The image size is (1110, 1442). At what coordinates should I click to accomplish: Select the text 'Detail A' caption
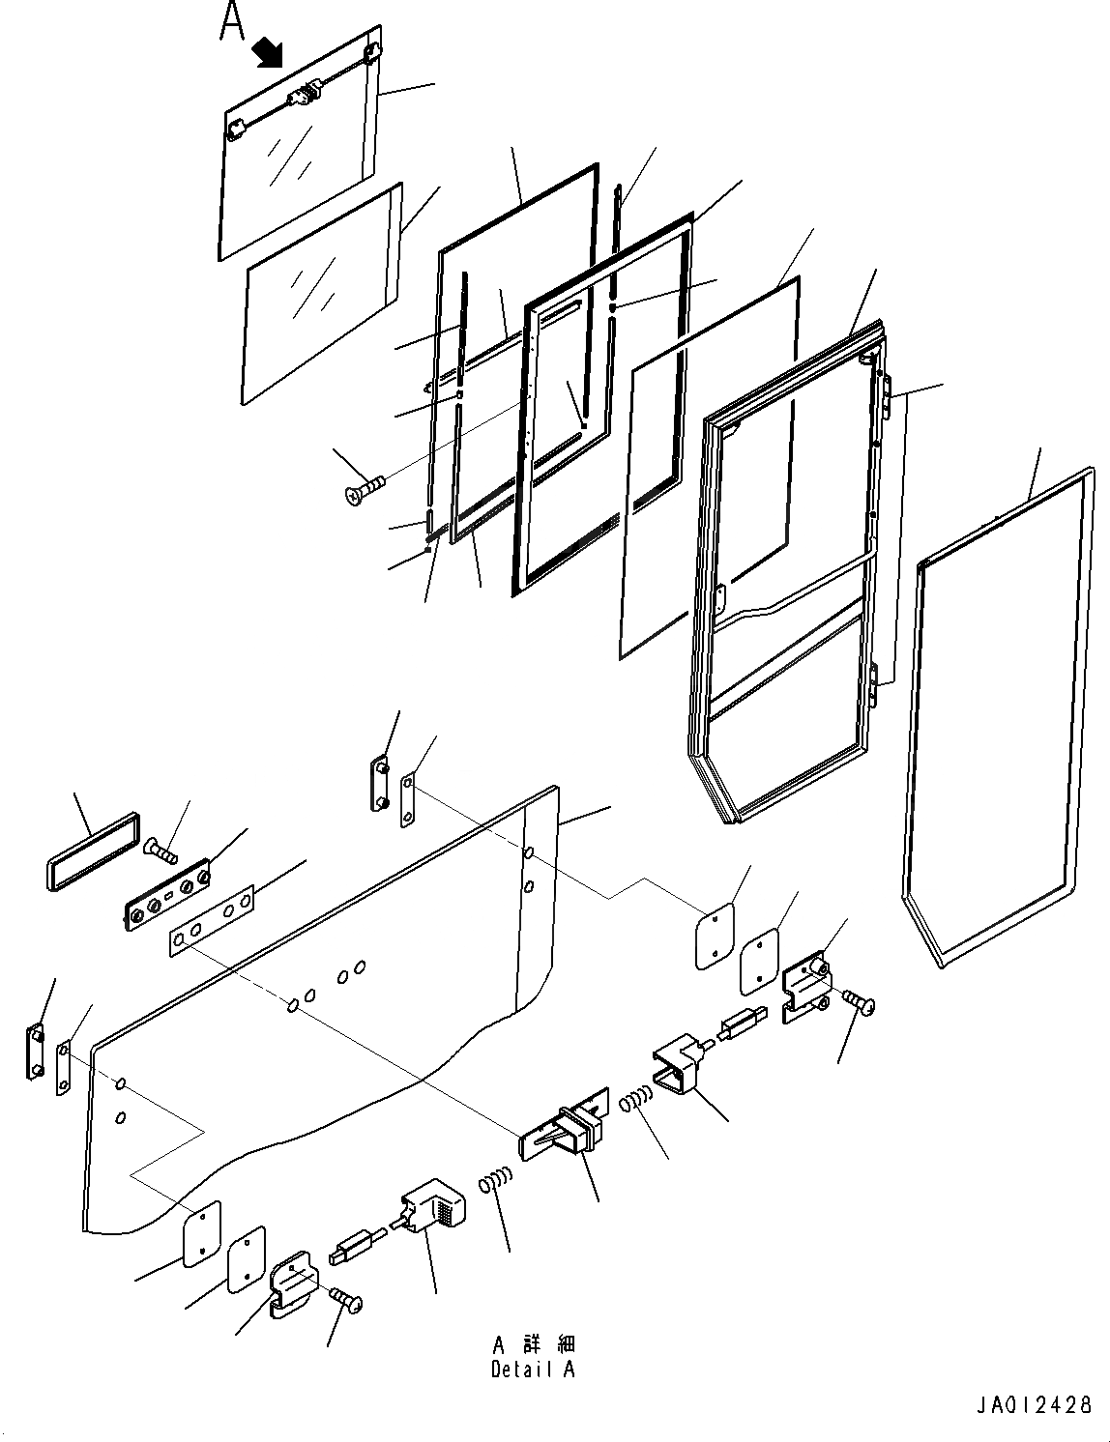[533, 1369]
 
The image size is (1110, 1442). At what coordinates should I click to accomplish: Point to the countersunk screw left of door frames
[364, 488]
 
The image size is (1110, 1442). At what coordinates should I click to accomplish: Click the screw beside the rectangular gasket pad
[161, 851]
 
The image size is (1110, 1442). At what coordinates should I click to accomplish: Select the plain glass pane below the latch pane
[322, 292]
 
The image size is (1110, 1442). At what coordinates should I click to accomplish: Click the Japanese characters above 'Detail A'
[533, 1344]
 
